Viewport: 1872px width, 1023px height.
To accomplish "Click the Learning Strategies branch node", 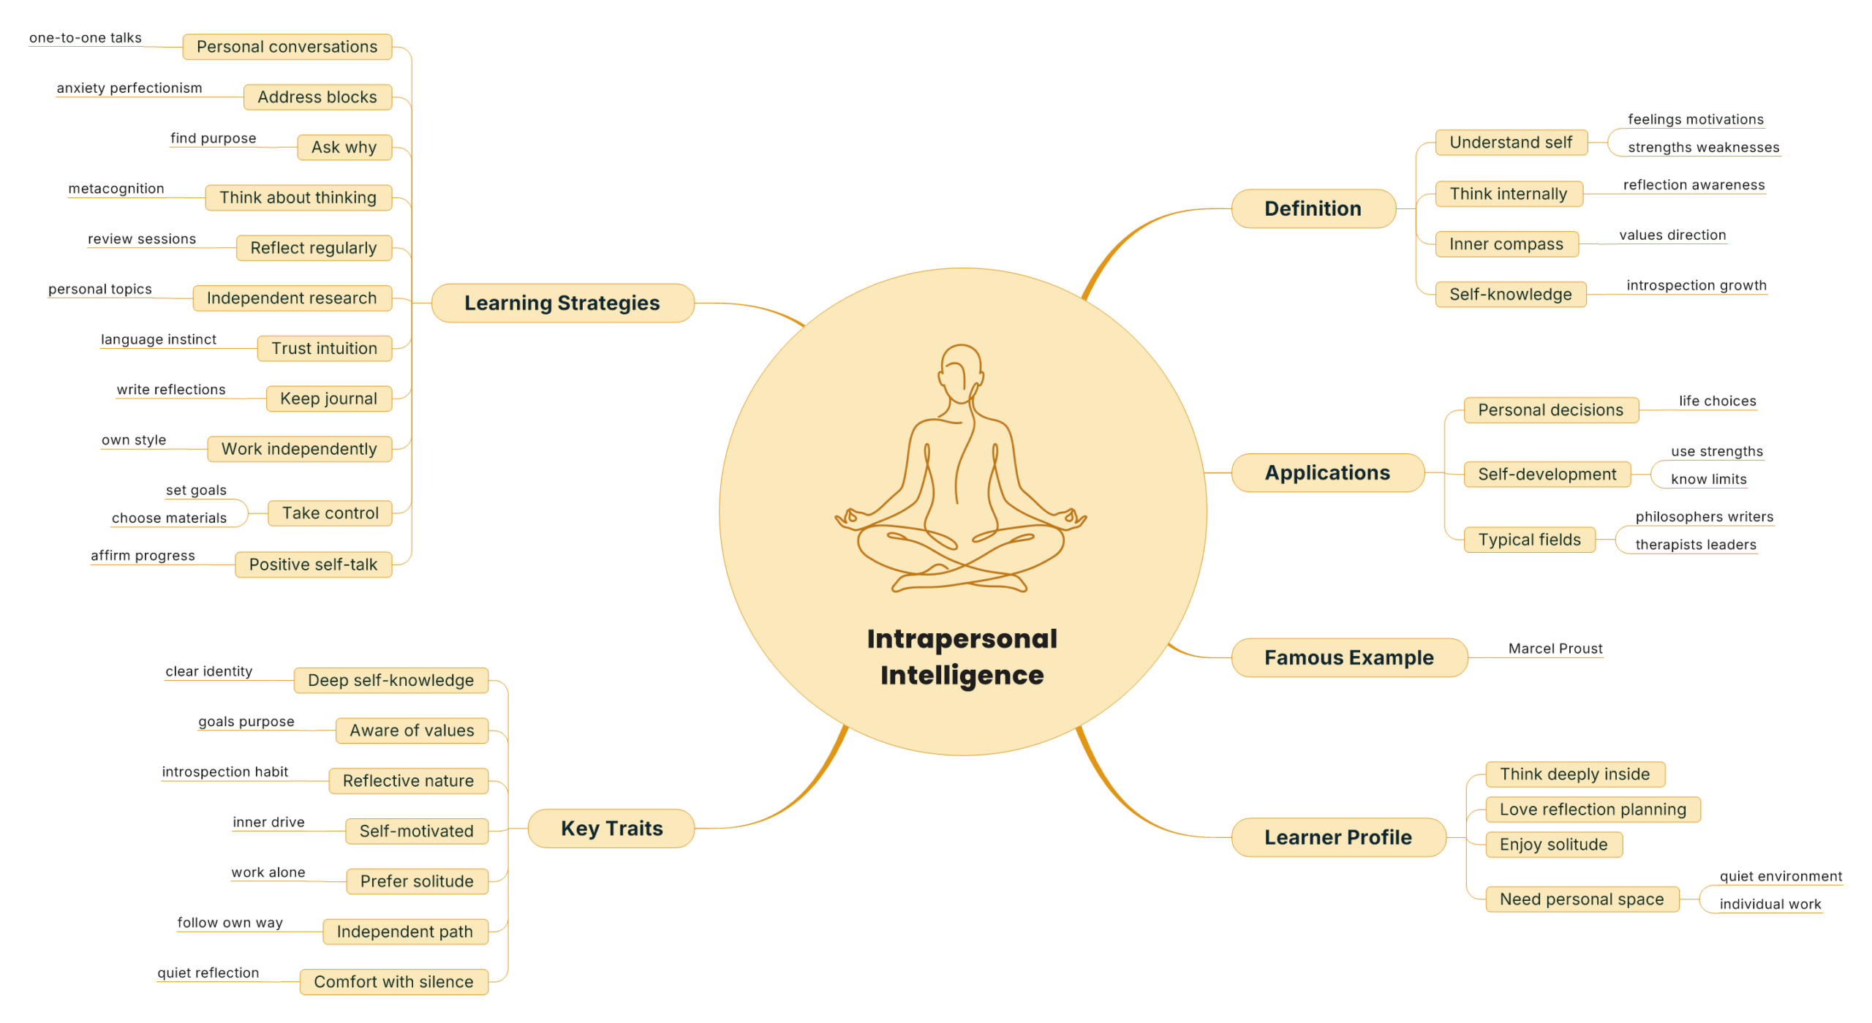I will [562, 303].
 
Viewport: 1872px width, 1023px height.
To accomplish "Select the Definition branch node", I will [1313, 208].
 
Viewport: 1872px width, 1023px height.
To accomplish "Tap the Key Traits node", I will [611, 828].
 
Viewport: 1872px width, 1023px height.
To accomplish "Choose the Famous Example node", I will [1348, 657].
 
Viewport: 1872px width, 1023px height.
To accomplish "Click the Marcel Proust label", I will [1555, 649].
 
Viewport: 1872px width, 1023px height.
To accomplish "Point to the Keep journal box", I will [328, 399].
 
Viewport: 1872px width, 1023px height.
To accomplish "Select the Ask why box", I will [344, 147].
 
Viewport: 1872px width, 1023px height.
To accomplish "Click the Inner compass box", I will [1506, 244].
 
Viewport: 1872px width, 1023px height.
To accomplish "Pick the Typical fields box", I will [1529, 540].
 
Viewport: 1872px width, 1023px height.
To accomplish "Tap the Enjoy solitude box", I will [1553, 845].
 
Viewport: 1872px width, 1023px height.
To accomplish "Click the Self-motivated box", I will [416, 831].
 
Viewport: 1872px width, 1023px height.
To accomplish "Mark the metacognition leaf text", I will [116, 189].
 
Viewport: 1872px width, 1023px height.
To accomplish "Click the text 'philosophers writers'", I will [1704, 517].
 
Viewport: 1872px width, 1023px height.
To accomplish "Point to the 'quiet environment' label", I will [1780, 876].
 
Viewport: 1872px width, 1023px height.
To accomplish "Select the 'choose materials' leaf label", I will [169, 518].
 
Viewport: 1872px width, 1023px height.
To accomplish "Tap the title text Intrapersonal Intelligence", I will [962, 657].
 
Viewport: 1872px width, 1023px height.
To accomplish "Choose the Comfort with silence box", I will [393, 981].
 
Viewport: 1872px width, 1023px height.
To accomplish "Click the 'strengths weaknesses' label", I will [1703, 147].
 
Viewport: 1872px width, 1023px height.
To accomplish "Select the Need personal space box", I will [1581, 899].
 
